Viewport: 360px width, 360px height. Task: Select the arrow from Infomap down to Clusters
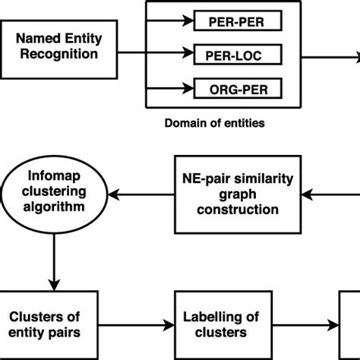(x=53, y=258)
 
